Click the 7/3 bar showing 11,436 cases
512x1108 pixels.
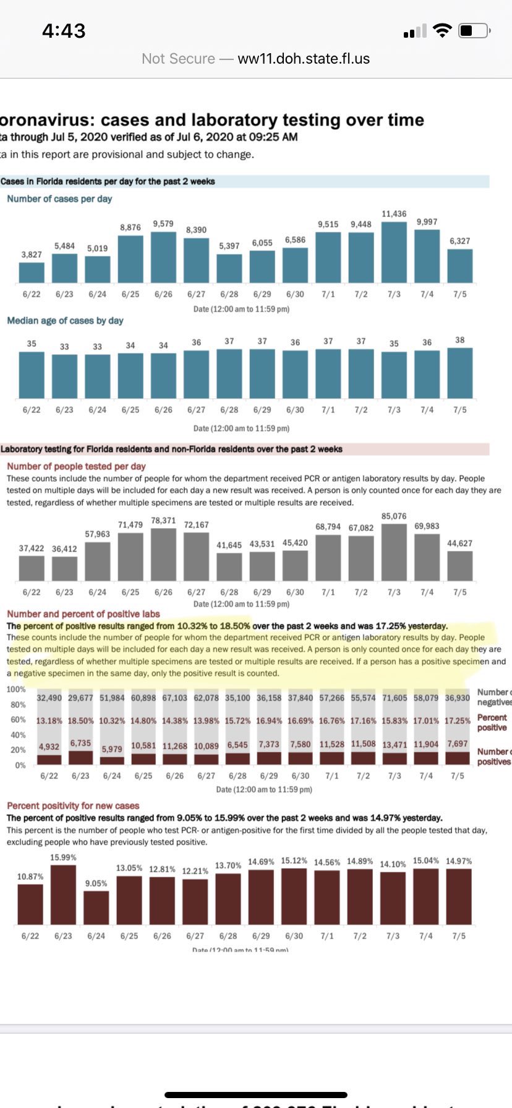(x=394, y=252)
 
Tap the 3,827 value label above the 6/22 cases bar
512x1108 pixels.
(x=32, y=254)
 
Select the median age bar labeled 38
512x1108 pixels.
(x=459, y=373)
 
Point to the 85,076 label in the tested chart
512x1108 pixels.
(x=394, y=516)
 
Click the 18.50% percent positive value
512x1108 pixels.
(x=80, y=721)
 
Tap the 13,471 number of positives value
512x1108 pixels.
(x=395, y=744)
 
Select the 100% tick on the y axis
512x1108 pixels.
(x=16, y=689)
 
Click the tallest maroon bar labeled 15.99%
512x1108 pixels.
(x=63, y=895)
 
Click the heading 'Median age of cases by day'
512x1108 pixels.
(x=65, y=320)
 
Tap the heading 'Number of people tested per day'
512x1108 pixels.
(x=76, y=466)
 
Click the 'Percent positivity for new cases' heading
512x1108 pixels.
(x=73, y=806)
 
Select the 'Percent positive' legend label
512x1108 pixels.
(x=492, y=722)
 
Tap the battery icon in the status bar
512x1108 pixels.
(x=476, y=30)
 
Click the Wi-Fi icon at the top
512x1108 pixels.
(x=443, y=30)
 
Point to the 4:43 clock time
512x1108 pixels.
(x=64, y=30)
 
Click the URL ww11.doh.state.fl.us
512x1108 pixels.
(x=304, y=59)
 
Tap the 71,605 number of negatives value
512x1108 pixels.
(x=395, y=697)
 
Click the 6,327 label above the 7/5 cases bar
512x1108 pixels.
(x=459, y=241)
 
